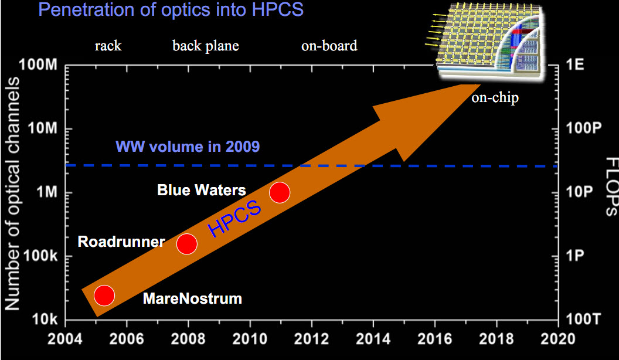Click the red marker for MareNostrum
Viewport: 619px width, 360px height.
pos(104,296)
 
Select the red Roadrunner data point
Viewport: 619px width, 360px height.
pos(187,244)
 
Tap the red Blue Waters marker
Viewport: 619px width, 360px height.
pos(280,193)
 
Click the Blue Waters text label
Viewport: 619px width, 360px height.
pos(201,191)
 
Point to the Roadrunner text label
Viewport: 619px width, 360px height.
pos(121,242)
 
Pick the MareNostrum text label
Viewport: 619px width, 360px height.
pos(192,298)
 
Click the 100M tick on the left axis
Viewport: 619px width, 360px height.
pos(38,64)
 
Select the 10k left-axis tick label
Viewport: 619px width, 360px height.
pos(45,319)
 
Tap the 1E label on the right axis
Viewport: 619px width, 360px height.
pos(575,64)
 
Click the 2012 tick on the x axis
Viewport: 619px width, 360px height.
pos(311,339)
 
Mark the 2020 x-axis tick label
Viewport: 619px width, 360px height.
pos(558,339)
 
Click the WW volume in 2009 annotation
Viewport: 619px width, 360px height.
pos(188,147)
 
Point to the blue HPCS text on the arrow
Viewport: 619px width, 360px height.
pos(234,218)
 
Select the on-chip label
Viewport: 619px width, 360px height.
pos(495,97)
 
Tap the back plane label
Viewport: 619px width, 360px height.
pos(206,46)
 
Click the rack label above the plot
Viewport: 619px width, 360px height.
pos(108,46)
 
